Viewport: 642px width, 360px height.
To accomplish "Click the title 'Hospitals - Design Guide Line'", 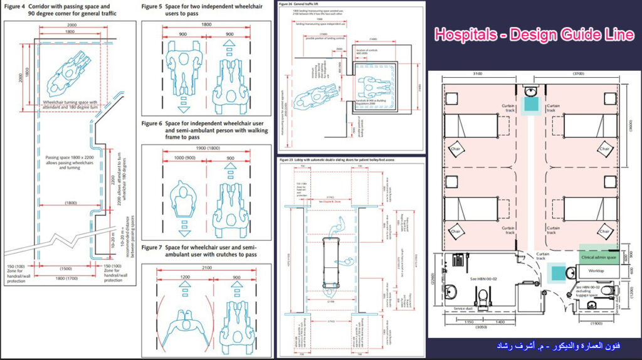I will pos(534,35).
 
